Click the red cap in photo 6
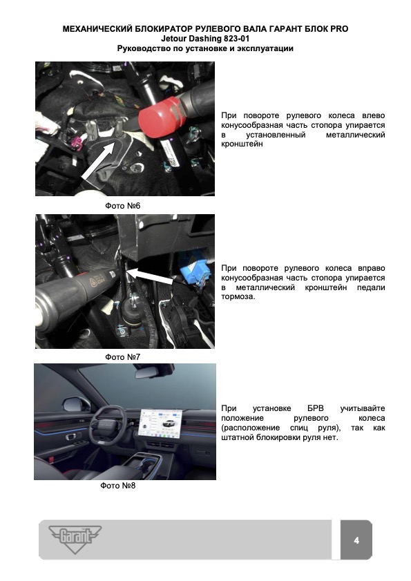pos(161,118)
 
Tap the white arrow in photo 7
pos(151,277)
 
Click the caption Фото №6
pos(123,206)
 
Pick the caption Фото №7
pos(123,357)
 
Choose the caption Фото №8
pos(118,486)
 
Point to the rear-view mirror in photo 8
pos(149,373)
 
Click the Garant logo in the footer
pos(75,540)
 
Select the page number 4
pos(356,540)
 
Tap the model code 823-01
pos(236,39)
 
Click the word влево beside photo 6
pos(374,115)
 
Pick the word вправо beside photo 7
pos(372,268)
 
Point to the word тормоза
pos(238,297)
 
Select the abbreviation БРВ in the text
pos(316,408)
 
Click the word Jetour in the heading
pos(174,39)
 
